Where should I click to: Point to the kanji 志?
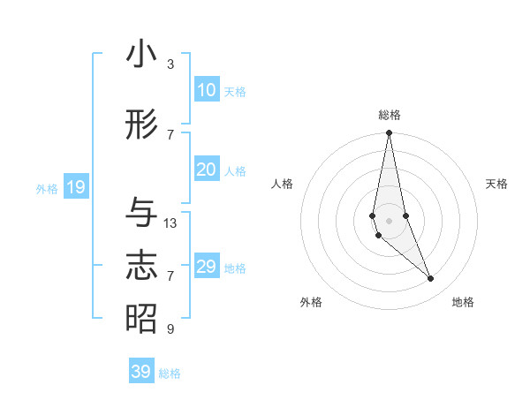pyautogui.click(x=141, y=267)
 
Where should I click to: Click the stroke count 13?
pyautogui.click(x=170, y=223)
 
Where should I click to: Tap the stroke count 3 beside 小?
pyautogui.click(x=170, y=64)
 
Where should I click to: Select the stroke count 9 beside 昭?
pyautogui.click(x=170, y=329)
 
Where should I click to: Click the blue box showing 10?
pyautogui.click(x=206, y=90)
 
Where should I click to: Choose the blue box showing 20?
pyautogui.click(x=206, y=170)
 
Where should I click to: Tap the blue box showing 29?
pyautogui.click(x=206, y=267)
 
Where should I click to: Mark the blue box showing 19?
pyautogui.click(x=75, y=187)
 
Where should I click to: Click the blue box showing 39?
pyautogui.click(x=140, y=372)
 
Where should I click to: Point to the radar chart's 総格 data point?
pyautogui.click(x=389, y=133)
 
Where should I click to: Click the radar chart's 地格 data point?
pyautogui.click(x=431, y=279)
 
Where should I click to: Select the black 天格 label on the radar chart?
pyautogui.click(x=496, y=184)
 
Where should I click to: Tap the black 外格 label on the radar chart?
pyautogui.click(x=311, y=302)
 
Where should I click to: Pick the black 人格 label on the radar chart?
pyautogui.click(x=283, y=184)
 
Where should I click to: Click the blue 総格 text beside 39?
pyautogui.click(x=170, y=373)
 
